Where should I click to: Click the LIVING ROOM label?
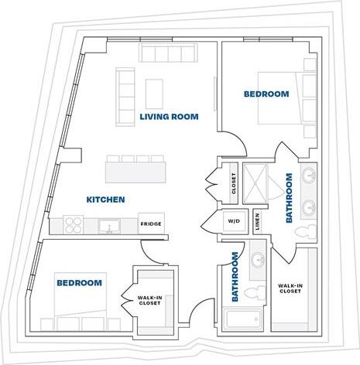click(169, 117)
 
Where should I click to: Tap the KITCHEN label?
click(105, 200)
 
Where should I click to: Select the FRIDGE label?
click(150, 225)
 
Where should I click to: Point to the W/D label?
click(233, 220)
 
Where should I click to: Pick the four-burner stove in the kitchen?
click(74, 224)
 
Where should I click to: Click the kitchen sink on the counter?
click(109, 226)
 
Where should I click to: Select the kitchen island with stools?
click(136, 168)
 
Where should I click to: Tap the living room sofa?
click(125, 97)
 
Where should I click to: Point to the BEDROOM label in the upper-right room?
click(266, 94)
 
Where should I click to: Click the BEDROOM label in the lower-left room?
click(79, 283)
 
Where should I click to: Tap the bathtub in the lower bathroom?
click(243, 321)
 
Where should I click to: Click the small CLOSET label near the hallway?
click(233, 184)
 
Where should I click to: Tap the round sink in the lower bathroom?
click(256, 258)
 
